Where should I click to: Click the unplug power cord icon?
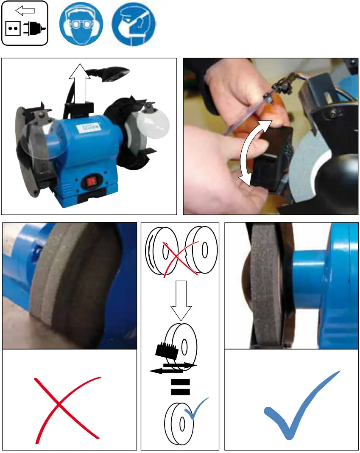(x=25, y=24)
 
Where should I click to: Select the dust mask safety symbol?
(x=134, y=24)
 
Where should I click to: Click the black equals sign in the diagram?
(x=180, y=387)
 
